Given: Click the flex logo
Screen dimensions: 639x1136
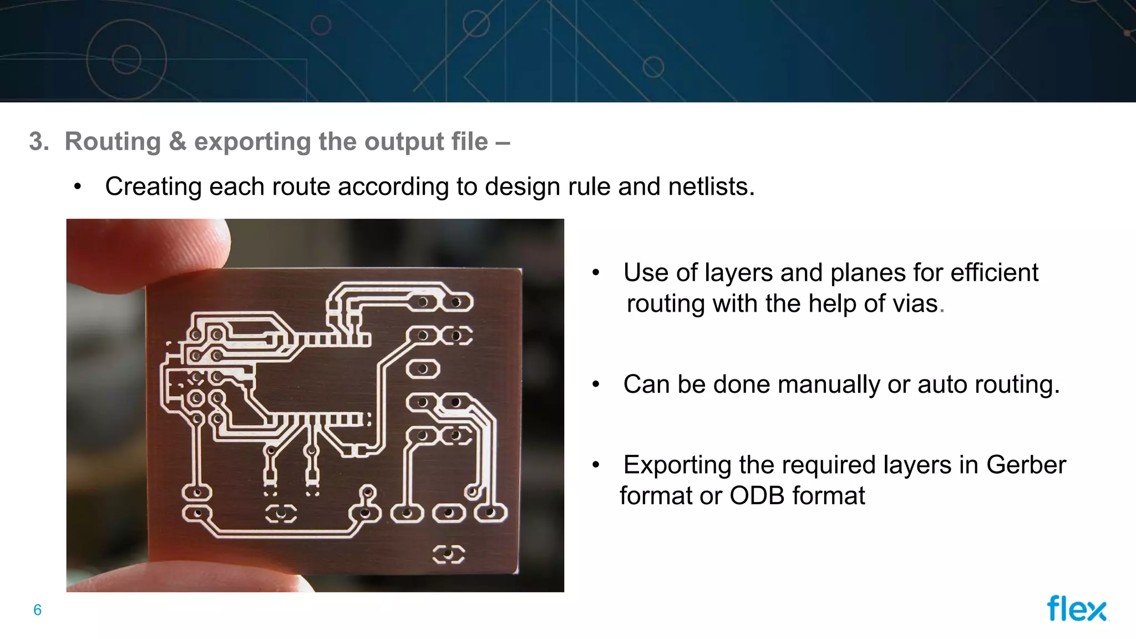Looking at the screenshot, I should [x=1077, y=608].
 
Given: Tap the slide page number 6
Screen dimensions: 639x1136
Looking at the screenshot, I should [x=37, y=610].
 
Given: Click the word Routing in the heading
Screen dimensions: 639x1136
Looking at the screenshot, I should [x=113, y=141].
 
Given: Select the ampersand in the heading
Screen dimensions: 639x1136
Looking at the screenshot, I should [x=177, y=141].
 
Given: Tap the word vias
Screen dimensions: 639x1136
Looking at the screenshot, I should [x=915, y=304].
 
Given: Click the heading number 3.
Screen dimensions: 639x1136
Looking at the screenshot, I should [x=38, y=141].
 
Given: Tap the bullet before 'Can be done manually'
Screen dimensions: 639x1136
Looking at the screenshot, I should [x=596, y=384].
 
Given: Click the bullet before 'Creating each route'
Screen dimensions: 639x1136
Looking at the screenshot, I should [x=78, y=187].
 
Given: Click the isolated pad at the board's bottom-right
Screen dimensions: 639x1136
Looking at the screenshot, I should [x=448, y=554].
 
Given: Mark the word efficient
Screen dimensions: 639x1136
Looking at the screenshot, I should [x=995, y=273].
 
